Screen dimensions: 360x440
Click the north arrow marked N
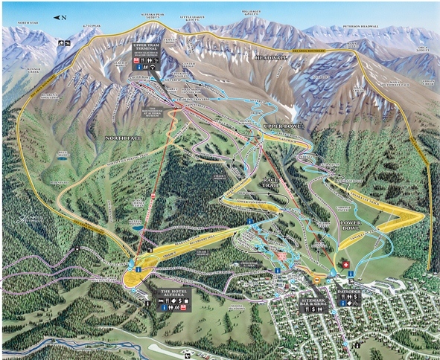(59, 17)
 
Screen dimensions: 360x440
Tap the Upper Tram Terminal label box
(147, 57)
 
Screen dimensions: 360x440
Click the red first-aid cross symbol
(344, 265)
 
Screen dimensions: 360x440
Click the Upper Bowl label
(281, 127)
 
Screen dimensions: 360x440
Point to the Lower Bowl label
(346, 223)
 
